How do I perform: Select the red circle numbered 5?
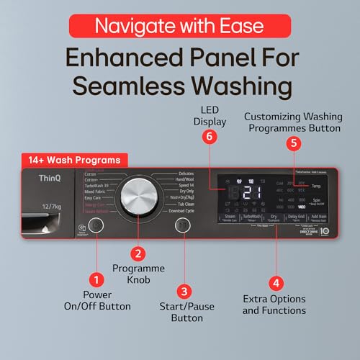coord(292,143)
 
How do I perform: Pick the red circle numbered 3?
coord(184,291)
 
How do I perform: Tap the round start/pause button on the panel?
coord(184,226)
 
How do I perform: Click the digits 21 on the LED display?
coord(251,192)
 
